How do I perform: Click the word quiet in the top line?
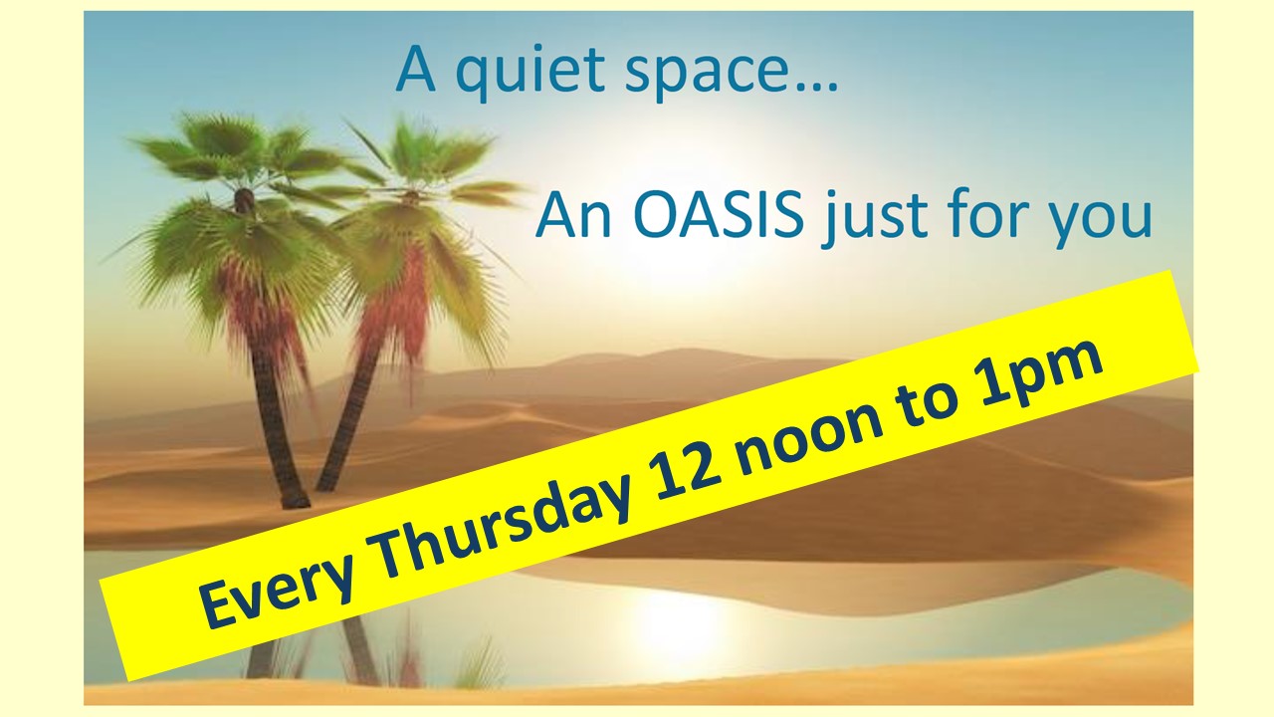tap(531, 72)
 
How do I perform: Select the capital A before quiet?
tap(416, 70)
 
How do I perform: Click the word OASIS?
tap(718, 216)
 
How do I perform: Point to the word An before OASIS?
tap(573, 216)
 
